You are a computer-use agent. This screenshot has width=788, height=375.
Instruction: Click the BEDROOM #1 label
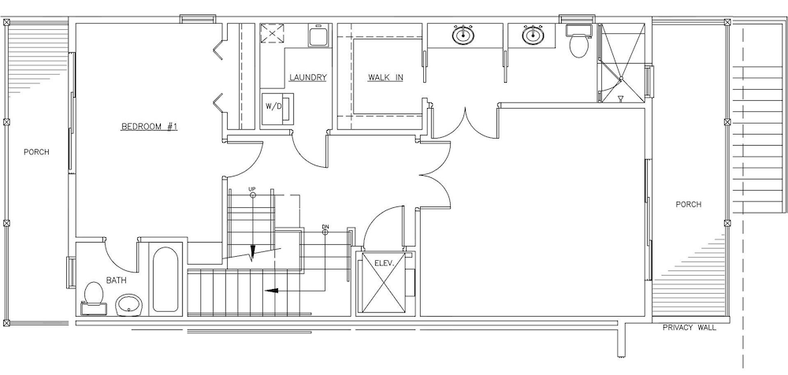(x=150, y=126)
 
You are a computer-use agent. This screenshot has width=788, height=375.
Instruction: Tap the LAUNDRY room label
(x=308, y=77)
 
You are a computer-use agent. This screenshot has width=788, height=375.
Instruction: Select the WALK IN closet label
(x=385, y=77)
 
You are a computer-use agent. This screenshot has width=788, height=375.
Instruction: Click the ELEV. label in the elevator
(x=382, y=262)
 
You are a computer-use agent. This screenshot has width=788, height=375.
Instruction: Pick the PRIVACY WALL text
(x=689, y=328)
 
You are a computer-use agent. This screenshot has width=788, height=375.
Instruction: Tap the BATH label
(x=116, y=280)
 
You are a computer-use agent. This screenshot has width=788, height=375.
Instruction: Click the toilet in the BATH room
(x=93, y=296)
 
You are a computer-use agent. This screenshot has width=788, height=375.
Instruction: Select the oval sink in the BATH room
(x=130, y=304)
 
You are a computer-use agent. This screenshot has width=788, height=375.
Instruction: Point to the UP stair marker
(x=252, y=192)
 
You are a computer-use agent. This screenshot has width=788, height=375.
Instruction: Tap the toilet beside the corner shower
(x=579, y=41)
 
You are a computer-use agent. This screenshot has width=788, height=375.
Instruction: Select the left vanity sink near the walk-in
(x=463, y=35)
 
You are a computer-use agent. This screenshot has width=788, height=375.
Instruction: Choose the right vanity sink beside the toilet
(x=532, y=35)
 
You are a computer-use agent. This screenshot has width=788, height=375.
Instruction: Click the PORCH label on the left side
(x=37, y=152)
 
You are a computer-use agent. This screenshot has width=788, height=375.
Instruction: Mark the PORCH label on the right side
(x=689, y=205)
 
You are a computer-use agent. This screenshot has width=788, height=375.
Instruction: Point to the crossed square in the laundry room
(x=272, y=35)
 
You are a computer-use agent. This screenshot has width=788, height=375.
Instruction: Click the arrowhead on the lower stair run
(x=272, y=290)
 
